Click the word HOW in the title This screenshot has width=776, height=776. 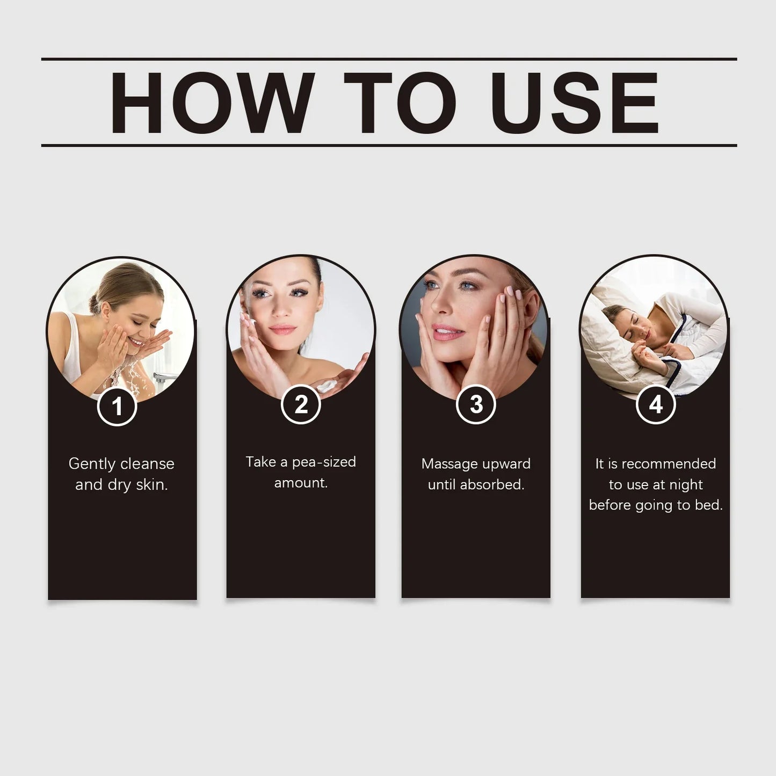point(212,103)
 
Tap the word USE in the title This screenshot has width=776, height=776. point(575,103)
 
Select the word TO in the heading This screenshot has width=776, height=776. point(400,103)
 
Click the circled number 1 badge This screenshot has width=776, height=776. point(117,406)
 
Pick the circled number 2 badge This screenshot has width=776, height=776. point(301,404)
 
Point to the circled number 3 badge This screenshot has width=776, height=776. point(476,404)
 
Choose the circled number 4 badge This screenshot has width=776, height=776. point(656,404)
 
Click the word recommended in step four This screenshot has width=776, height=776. point(669,464)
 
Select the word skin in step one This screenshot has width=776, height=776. point(151,484)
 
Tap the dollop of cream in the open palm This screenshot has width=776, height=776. point(325,387)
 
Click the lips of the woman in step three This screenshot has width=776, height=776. point(447,332)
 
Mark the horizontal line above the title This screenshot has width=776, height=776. point(389,59)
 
